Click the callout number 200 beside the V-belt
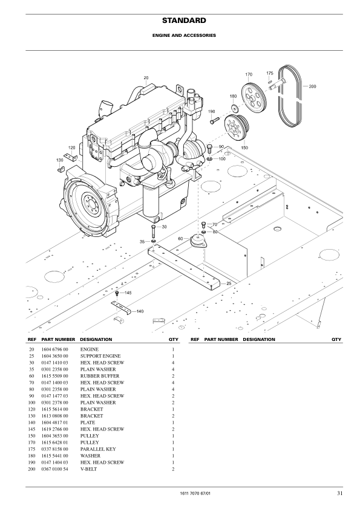(312, 86)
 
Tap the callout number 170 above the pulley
(249, 74)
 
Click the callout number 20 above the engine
(146, 77)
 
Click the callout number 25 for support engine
(229, 283)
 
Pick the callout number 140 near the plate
(140, 311)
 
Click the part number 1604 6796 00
(54, 349)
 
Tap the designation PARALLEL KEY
(97, 449)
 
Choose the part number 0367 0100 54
(54, 468)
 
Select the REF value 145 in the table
(31, 429)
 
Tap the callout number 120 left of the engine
(72, 148)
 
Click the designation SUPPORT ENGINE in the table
(99, 356)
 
